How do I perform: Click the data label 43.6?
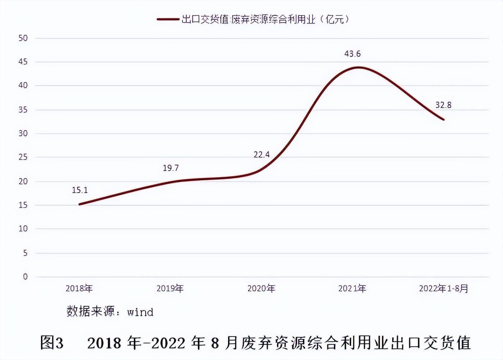pos(352,54)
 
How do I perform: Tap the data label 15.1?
pos(80,190)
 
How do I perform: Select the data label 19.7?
pos(171,168)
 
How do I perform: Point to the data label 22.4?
pos(262,155)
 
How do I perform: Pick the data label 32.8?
pos(443,105)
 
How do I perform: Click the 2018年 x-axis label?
pos(79,288)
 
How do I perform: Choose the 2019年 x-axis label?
pos(170,288)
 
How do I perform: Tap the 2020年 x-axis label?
pos(261,288)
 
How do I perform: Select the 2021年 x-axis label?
pos(352,288)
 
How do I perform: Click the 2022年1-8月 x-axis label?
pos(444,288)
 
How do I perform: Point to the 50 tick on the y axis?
pos(23,38)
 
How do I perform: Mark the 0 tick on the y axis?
pos(25,277)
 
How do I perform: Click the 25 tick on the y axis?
pos(23,157)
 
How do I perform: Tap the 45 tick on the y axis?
pos(23,62)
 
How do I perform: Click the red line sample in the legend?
pos(168,19)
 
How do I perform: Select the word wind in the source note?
pos(140,312)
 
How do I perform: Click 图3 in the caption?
pos(52,342)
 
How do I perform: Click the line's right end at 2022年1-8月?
pos(444,120)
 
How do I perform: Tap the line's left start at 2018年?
pos(79,204)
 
